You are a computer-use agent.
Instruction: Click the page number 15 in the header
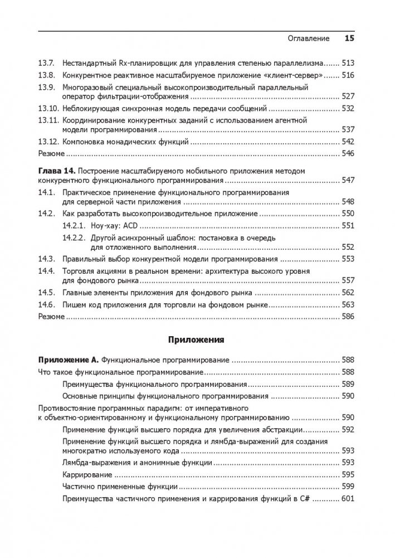350,38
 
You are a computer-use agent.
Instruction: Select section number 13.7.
45,63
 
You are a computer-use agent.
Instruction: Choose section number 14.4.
45,271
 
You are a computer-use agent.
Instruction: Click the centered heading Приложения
196,338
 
